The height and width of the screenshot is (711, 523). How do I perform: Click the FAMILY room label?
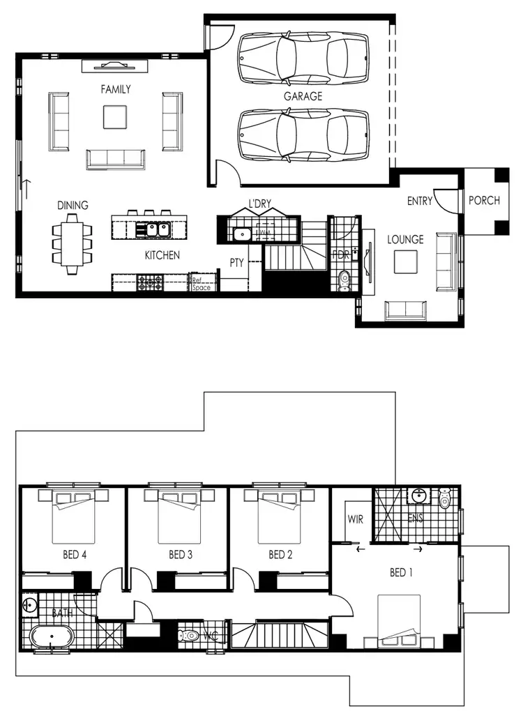(x=115, y=89)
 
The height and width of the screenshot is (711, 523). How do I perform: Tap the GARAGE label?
(x=303, y=96)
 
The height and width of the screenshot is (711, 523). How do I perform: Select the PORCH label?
(x=484, y=201)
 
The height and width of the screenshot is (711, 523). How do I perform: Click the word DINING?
(x=73, y=206)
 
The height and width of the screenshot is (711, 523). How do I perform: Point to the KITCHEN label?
(x=162, y=256)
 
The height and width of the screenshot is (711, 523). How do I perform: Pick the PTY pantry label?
(x=237, y=263)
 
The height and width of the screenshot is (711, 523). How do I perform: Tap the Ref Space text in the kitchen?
(x=201, y=284)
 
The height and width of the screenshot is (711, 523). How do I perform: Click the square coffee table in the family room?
(x=115, y=116)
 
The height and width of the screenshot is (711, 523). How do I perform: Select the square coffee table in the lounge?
(x=406, y=261)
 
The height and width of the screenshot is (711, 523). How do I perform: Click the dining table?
(x=72, y=240)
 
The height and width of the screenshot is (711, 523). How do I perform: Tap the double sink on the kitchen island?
(x=151, y=229)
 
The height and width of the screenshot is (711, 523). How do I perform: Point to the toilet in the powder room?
(x=342, y=280)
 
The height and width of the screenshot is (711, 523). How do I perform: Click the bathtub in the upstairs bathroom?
(x=51, y=638)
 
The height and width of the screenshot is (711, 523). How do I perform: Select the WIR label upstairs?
(x=355, y=520)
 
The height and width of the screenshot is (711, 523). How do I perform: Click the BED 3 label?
(x=181, y=556)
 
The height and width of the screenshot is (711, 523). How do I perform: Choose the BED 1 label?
(x=402, y=573)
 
